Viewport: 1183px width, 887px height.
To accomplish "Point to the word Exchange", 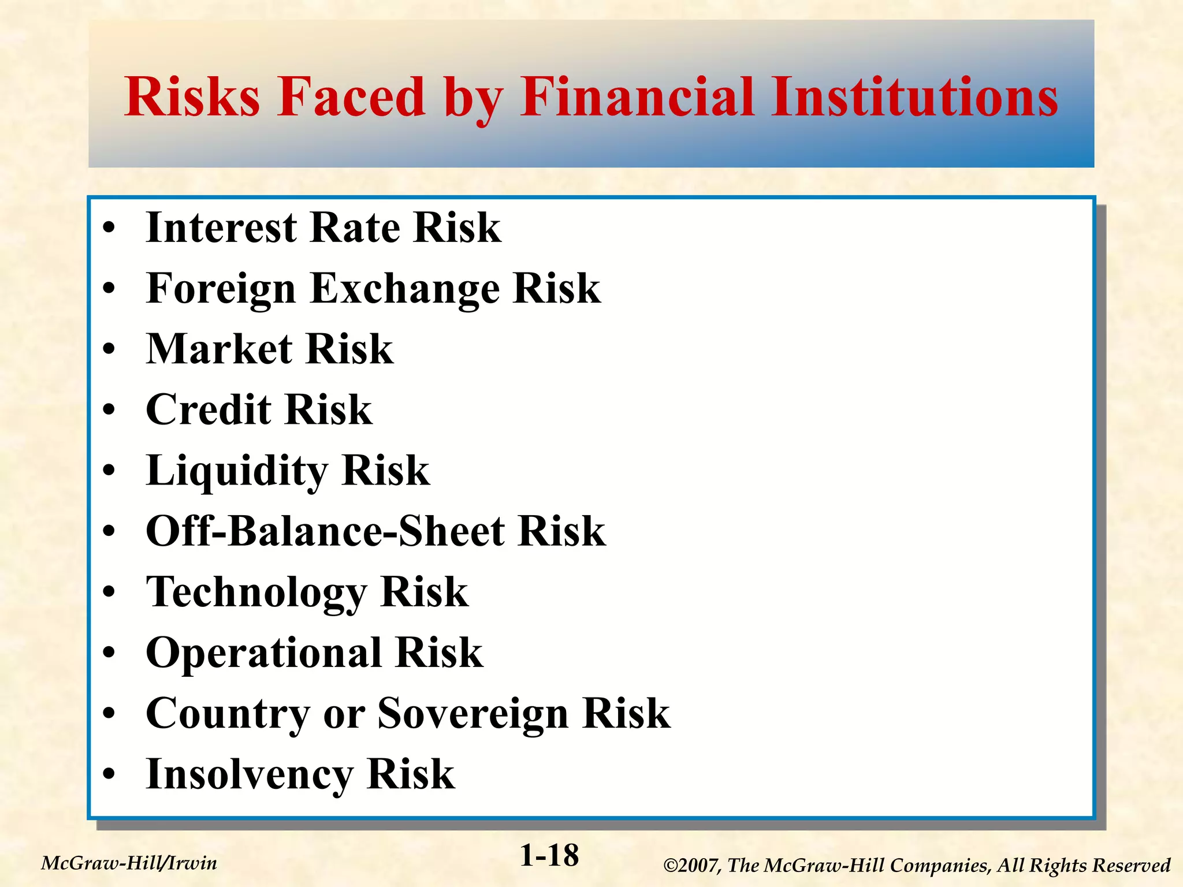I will [x=405, y=289].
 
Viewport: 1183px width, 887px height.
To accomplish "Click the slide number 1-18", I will [x=549, y=855].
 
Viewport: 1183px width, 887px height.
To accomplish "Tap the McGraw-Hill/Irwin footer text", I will [x=129, y=863].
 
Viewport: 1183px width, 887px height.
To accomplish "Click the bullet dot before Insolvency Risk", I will [x=109, y=775].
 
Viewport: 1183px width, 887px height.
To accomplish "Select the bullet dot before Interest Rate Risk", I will [x=109, y=229].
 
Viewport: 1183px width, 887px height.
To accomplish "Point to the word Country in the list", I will [x=228, y=714].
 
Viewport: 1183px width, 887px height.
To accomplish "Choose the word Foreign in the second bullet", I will [x=221, y=289].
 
